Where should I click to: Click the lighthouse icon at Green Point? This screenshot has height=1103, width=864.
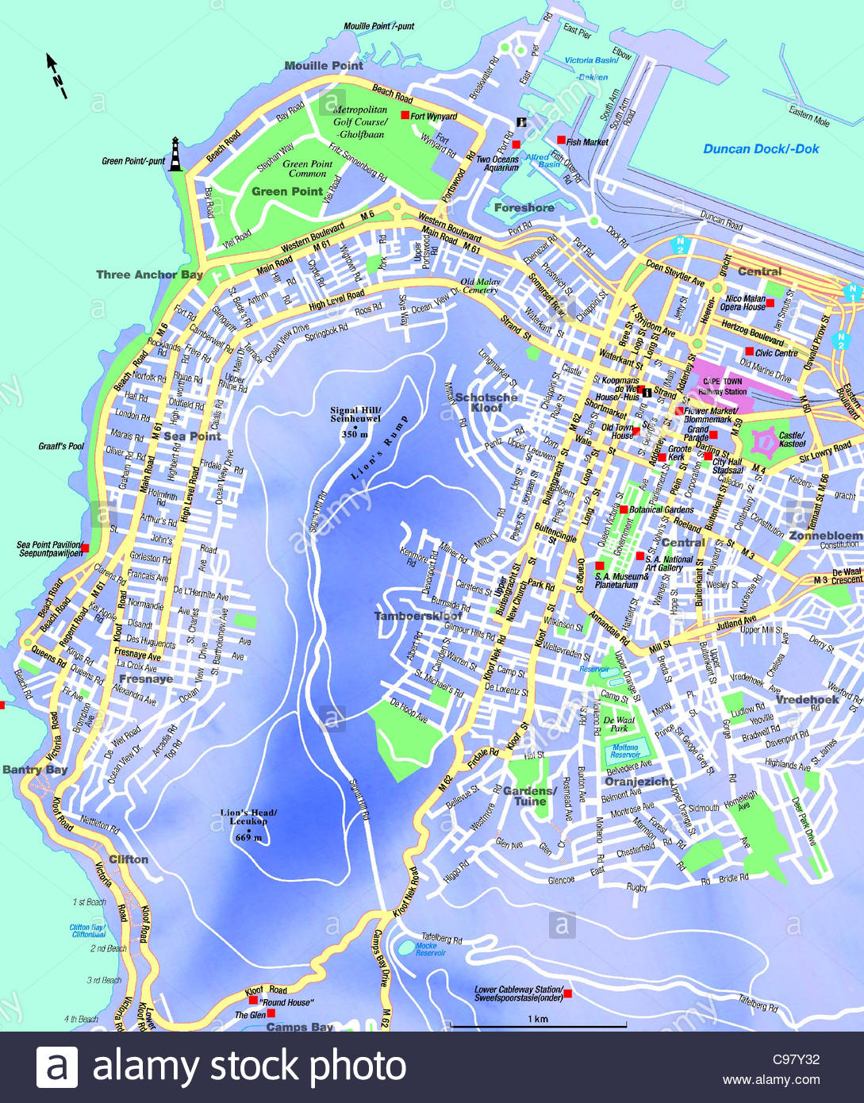[x=175, y=155]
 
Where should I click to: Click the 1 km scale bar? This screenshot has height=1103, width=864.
[x=538, y=1026]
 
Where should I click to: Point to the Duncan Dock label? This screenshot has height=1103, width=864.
[x=760, y=148]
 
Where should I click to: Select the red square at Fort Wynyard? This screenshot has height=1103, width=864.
[x=405, y=115]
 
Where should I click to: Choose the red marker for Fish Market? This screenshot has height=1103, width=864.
[x=561, y=140]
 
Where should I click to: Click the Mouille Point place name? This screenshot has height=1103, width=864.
[x=324, y=65]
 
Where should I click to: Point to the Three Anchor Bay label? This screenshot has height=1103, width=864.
[x=149, y=275]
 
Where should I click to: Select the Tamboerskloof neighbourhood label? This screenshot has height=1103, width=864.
[x=418, y=616]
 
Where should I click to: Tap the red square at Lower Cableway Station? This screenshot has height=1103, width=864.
[x=567, y=993]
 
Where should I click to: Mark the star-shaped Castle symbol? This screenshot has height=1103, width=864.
[x=766, y=439]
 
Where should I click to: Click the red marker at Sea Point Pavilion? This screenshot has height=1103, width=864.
[x=85, y=547]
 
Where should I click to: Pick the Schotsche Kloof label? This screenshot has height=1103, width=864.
[x=486, y=402]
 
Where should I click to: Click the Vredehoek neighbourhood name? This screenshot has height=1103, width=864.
[x=807, y=699]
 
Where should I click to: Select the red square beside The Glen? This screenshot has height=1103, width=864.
[x=271, y=1013]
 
